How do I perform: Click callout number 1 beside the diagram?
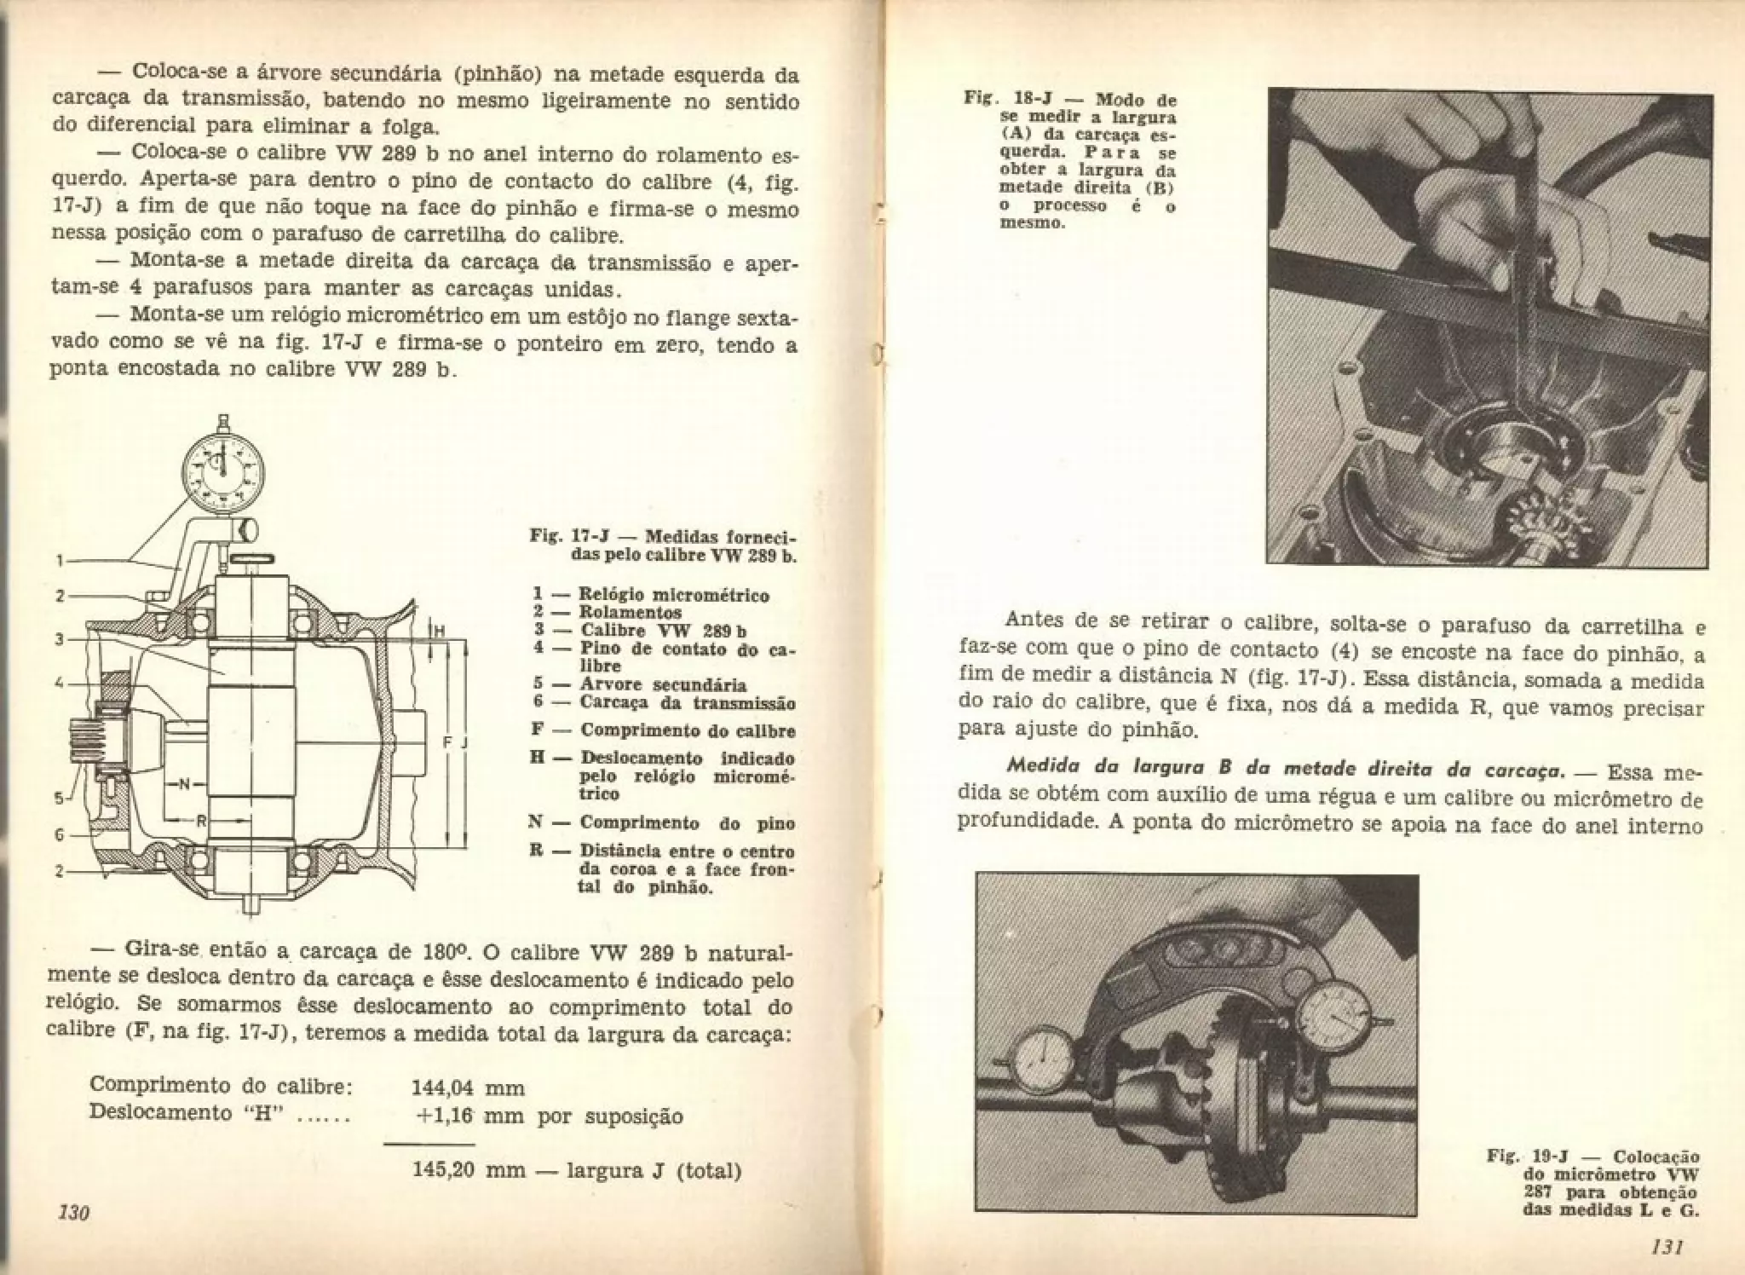(60, 561)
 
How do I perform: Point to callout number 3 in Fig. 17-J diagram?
(60, 638)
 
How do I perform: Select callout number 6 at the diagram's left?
(60, 834)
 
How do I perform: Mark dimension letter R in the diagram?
(202, 822)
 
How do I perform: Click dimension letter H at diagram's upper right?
(440, 631)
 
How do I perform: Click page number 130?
(73, 1212)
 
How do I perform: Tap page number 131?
(1666, 1247)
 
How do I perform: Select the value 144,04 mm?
(467, 1088)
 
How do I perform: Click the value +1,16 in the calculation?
(446, 1116)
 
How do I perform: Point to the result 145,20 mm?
(467, 1169)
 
